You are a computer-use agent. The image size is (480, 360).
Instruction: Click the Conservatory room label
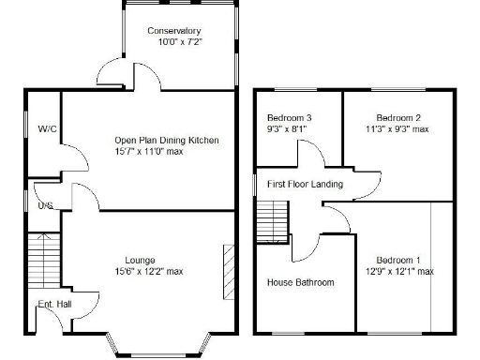click(174, 31)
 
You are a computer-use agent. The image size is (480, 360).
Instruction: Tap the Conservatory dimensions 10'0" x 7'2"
click(180, 42)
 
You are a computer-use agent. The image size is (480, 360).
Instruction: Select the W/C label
click(45, 128)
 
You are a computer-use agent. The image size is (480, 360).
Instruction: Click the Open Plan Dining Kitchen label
click(166, 141)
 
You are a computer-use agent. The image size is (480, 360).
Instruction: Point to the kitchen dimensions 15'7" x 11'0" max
click(162, 151)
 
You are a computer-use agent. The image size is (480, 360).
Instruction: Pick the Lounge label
click(141, 260)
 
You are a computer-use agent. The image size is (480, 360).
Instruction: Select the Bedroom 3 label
click(289, 118)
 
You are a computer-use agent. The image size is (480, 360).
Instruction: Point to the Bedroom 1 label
click(398, 260)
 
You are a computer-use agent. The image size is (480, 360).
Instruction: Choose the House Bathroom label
click(300, 282)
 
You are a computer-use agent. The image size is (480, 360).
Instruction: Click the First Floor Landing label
click(305, 185)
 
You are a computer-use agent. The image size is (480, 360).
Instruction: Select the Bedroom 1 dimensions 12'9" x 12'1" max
click(398, 271)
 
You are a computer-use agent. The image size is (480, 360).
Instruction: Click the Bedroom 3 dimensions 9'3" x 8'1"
click(289, 129)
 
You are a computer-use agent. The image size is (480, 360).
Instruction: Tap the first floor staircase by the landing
click(268, 223)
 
